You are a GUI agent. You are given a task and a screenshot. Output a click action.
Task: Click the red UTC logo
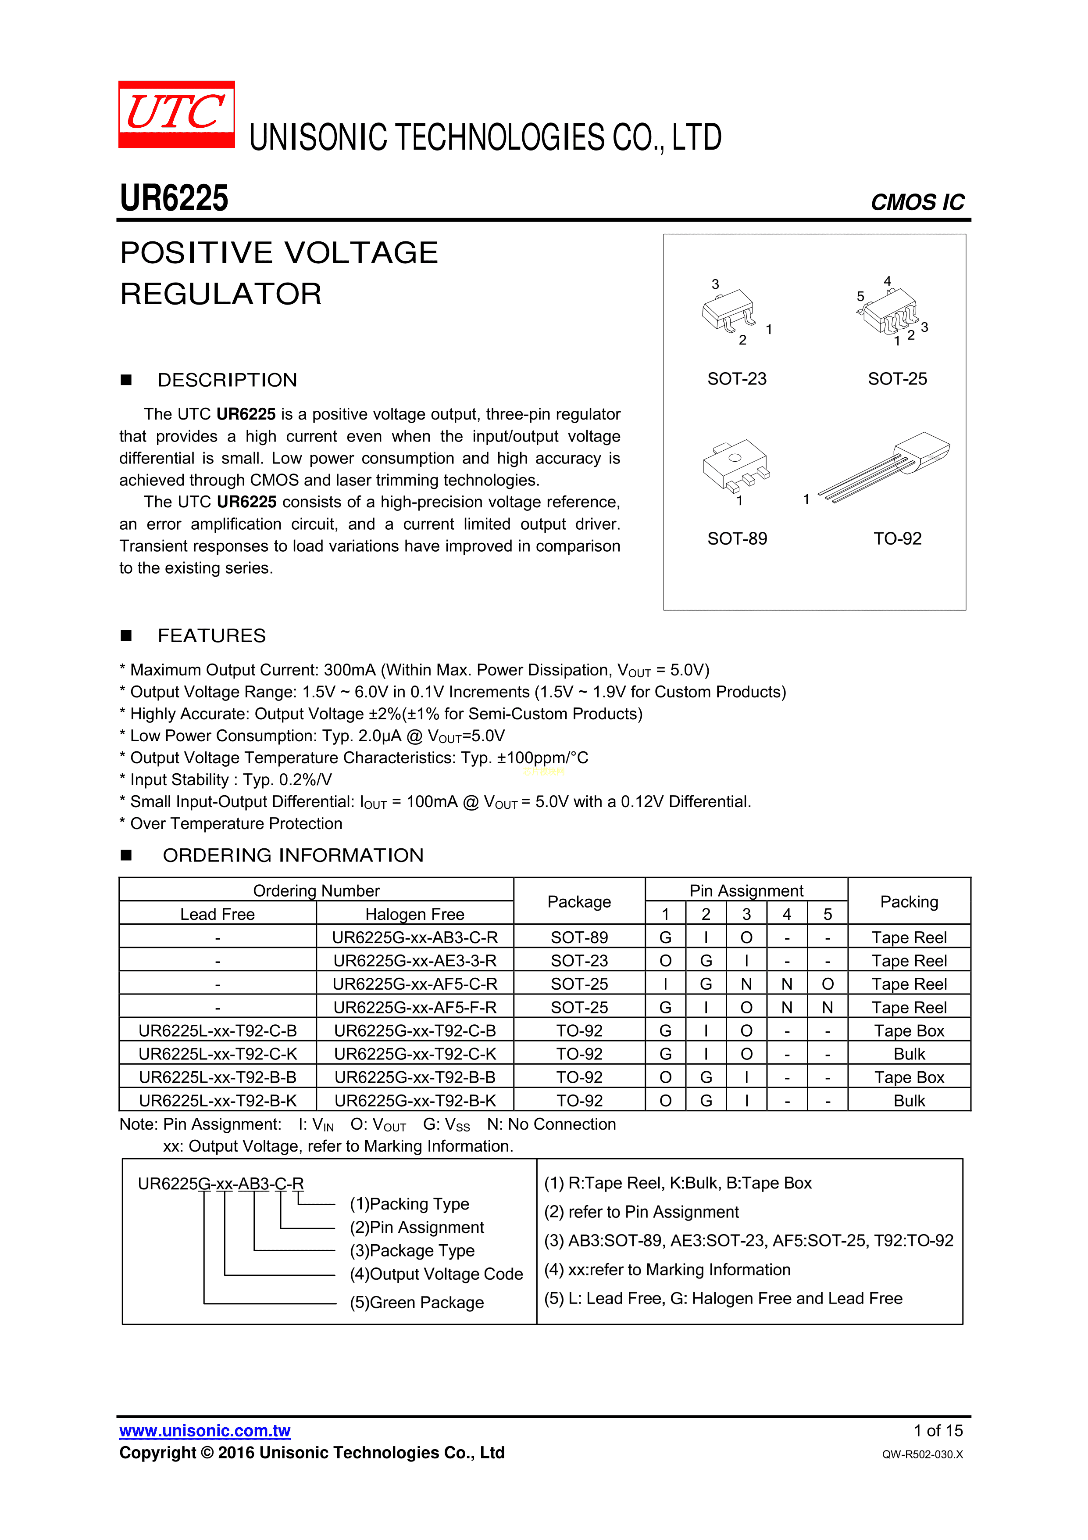click(x=176, y=114)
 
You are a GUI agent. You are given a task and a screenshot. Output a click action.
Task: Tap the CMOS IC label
click(x=917, y=202)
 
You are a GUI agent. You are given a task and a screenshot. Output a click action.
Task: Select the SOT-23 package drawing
click(x=729, y=311)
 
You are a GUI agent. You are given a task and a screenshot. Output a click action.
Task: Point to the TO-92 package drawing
click(x=885, y=466)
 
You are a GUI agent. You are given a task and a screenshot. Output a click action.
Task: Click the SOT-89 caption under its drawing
click(x=737, y=538)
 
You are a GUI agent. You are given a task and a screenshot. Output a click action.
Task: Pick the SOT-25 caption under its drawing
click(x=897, y=379)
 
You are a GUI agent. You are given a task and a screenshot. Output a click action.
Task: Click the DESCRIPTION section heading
click(x=227, y=381)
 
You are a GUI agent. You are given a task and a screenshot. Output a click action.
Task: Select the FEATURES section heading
click(x=212, y=636)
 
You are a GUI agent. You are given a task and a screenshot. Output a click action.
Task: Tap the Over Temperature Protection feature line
click(x=236, y=824)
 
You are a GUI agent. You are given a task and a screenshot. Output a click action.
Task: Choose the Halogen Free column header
click(x=414, y=914)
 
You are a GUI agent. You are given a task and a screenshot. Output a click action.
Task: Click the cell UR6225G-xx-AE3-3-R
click(x=414, y=961)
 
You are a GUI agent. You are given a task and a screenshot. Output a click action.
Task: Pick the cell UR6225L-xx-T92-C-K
click(x=217, y=1054)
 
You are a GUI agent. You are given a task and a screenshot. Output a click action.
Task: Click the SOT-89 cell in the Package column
click(x=579, y=937)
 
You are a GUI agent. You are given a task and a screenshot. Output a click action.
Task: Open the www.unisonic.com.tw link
click(x=204, y=1431)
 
